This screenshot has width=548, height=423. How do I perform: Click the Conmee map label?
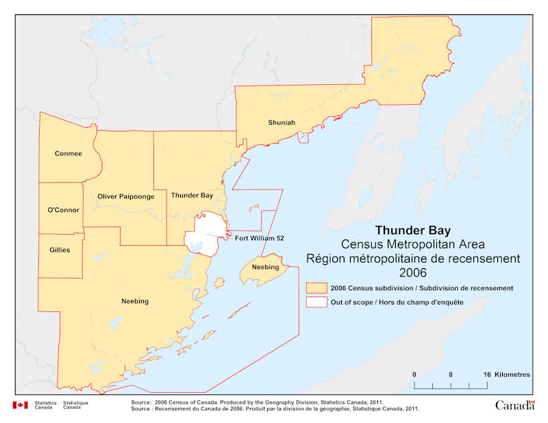tap(68, 153)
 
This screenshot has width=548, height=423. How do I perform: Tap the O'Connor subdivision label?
tap(63, 209)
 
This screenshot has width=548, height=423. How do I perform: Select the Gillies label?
tap(60, 250)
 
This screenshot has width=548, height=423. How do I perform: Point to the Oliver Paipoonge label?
tap(125, 196)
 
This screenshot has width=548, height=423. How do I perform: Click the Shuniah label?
tap(281, 123)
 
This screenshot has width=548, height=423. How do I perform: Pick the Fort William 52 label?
tap(259, 238)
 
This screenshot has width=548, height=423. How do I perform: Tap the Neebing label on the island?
tap(265, 266)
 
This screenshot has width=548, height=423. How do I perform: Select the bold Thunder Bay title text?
tap(412, 230)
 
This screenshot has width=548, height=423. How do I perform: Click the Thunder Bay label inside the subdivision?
tap(191, 195)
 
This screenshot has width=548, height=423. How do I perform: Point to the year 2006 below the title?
tap(412, 272)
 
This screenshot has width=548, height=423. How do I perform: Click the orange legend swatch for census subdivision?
tap(316, 288)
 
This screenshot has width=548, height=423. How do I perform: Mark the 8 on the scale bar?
tap(451, 375)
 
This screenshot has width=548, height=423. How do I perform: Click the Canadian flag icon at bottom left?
tap(20, 405)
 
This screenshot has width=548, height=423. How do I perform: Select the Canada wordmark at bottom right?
tap(514, 405)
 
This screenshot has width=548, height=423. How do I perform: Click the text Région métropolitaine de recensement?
tap(412, 258)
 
